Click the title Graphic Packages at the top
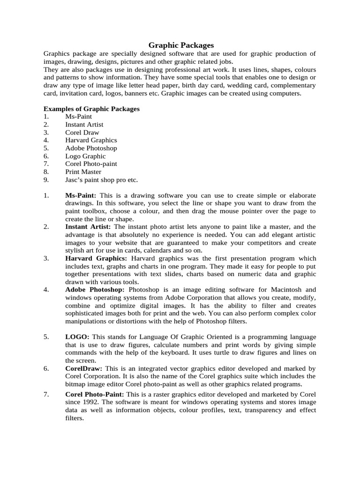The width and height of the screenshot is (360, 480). (x=181, y=45)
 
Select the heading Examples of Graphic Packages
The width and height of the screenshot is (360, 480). (x=91, y=109)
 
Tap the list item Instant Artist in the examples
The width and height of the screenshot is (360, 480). (x=84, y=125)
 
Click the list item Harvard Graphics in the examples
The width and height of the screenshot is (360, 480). (x=91, y=140)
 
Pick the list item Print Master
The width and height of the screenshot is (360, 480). (x=83, y=172)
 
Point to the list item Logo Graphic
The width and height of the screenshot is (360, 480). (x=85, y=156)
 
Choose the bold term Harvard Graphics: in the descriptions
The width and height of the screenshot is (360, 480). (x=96, y=258)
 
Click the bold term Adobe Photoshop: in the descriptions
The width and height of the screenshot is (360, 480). (x=95, y=290)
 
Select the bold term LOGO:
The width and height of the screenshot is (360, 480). (x=77, y=337)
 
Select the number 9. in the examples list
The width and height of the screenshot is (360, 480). (x=46, y=180)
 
